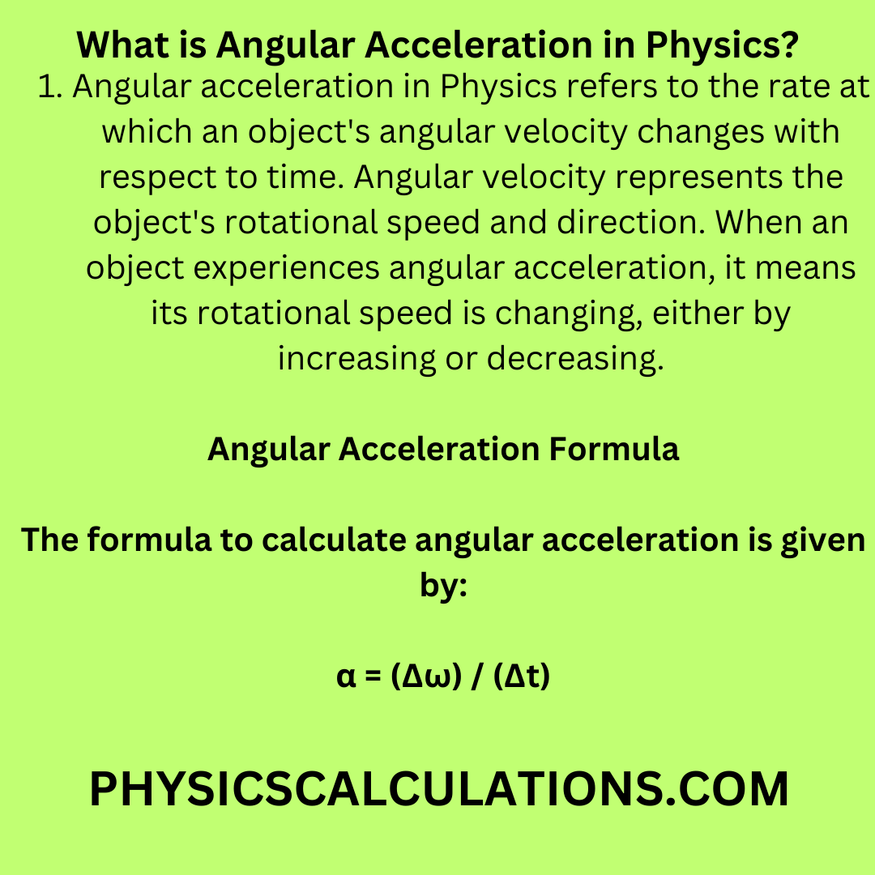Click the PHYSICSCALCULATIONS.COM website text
click(438, 789)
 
